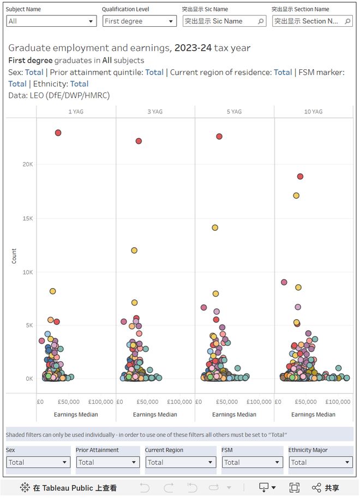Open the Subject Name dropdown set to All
[x=51, y=21]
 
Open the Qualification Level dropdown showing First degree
[x=140, y=21]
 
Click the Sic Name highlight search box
[x=224, y=21]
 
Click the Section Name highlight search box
[x=312, y=21]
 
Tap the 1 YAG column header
[x=76, y=112]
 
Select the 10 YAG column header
[x=313, y=112]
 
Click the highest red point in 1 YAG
[x=58, y=133]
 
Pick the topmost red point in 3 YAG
[x=139, y=141]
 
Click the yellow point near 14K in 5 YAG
[x=215, y=227]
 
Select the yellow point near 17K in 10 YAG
[x=296, y=196]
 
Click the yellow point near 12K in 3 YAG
[x=134, y=250]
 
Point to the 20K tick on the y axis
[x=28, y=164]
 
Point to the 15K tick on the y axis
[x=28, y=218]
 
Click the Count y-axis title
[x=14, y=256]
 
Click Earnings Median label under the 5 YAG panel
[x=234, y=415]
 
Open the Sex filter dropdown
[x=38, y=462]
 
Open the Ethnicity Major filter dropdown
[x=321, y=462]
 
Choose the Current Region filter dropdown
[x=181, y=462]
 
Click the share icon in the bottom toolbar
[x=316, y=488]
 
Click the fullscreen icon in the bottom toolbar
[x=294, y=488]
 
